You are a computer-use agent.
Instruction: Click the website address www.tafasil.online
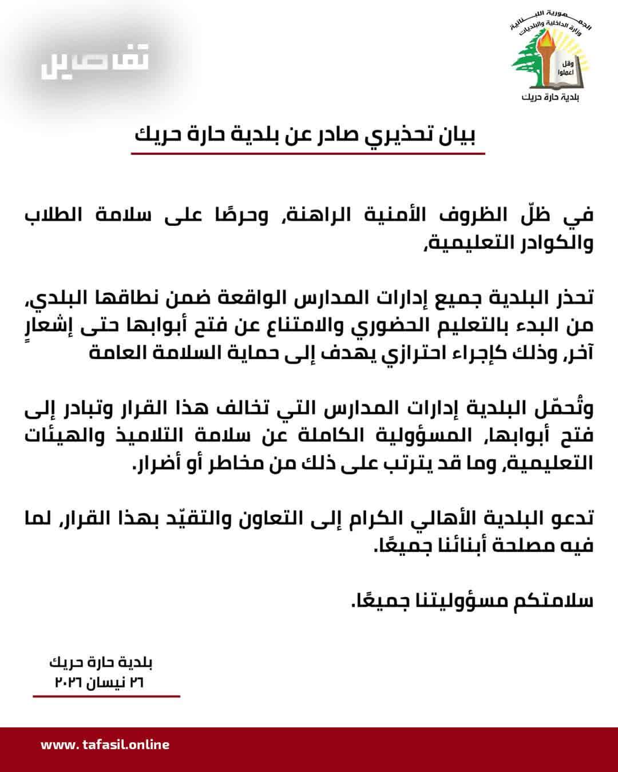click(105, 745)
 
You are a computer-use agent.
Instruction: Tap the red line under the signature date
click(106, 697)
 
